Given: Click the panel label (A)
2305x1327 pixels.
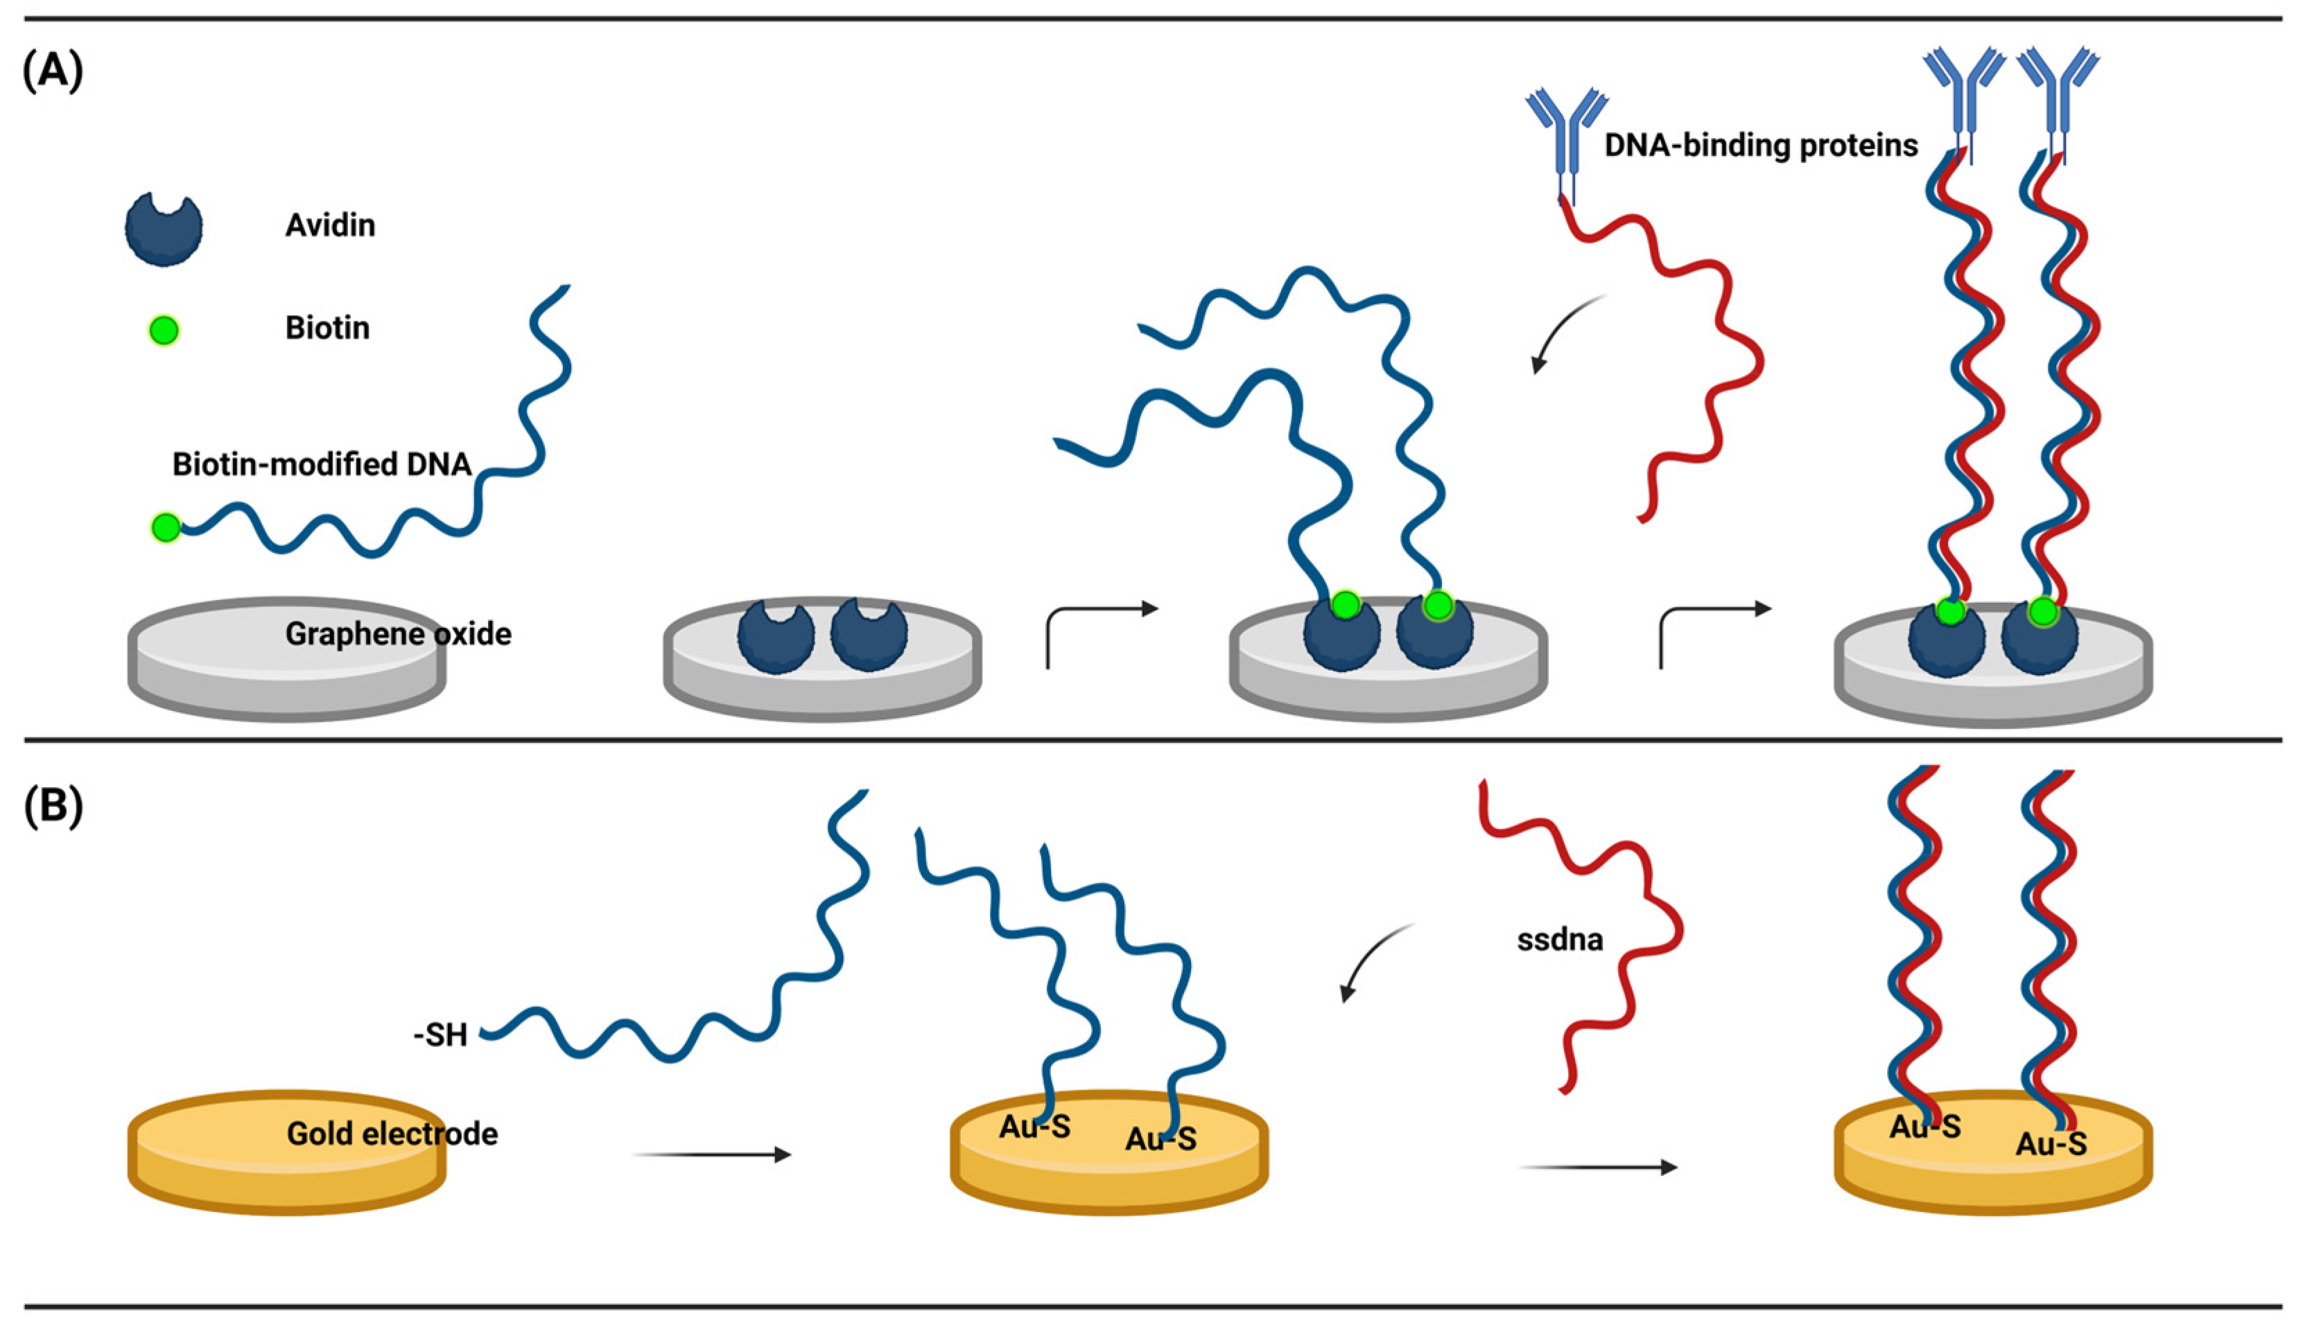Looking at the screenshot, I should (53, 69).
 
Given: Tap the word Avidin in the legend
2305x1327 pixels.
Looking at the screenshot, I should (329, 225).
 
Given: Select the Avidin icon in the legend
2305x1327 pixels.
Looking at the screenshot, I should (163, 229).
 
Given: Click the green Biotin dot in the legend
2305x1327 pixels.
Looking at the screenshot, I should (164, 330).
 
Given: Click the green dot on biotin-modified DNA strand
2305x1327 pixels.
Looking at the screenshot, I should (166, 527).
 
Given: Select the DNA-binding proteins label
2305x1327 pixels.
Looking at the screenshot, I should (1761, 145).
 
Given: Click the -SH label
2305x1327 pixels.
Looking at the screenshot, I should (440, 1035).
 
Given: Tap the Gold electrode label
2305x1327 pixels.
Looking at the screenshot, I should (392, 1134).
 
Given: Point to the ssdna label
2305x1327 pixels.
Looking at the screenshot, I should (1559, 940).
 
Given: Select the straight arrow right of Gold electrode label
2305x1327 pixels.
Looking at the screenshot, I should (711, 1154).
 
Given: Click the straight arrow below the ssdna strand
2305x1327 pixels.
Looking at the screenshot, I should (1597, 1167).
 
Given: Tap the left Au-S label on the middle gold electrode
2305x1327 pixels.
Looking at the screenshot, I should (1034, 1127).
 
